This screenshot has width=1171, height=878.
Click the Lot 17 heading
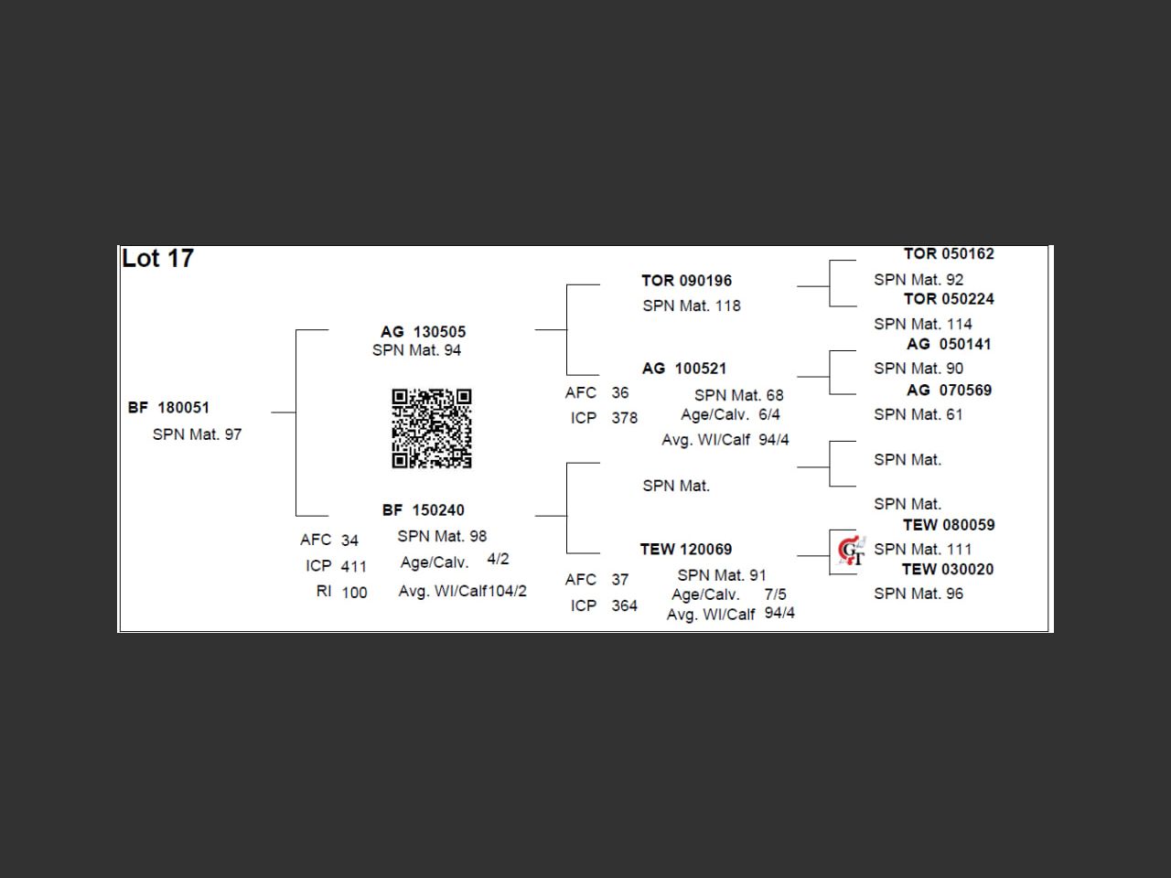(157, 259)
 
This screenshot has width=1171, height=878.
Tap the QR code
(432, 428)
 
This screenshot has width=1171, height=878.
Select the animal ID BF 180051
(169, 408)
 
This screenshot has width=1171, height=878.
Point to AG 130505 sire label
(423, 332)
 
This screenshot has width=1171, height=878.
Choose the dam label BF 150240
(423, 510)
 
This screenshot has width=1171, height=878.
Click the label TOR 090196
(686, 281)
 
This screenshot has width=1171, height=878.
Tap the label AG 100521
(684, 369)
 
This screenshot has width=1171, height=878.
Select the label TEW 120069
(686, 550)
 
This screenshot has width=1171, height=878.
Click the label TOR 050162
(949, 254)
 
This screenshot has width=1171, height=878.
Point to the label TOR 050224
(949, 299)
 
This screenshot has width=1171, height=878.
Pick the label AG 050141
(949, 345)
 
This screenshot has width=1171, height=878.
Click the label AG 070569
(949, 391)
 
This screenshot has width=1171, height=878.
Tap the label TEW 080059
(949, 525)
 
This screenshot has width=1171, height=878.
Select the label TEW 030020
(948, 569)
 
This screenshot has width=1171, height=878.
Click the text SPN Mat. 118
(692, 306)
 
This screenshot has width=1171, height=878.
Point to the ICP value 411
(354, 567)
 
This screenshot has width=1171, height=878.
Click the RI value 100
(354, 593)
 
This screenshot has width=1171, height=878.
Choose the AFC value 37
(620, 580)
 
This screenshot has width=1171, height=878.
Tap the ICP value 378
(625, 418)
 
